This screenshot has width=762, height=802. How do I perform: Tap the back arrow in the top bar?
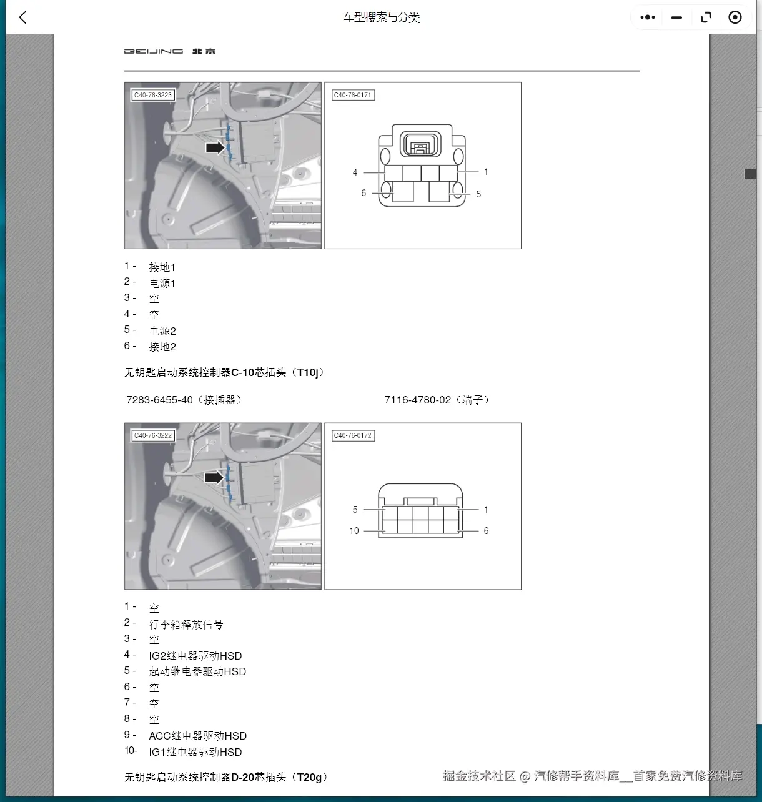[x=23, y=17]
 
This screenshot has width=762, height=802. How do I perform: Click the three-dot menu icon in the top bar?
[x=648, y=17]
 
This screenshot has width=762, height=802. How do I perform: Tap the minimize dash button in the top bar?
[x=676, y=17]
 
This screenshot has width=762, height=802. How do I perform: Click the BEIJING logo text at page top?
[x=154, y=51]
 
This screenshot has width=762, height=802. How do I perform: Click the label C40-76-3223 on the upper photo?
[x=153, y=95]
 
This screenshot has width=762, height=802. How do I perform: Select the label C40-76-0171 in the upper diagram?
[x=353, y=95]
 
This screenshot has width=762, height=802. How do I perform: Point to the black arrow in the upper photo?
[x=215, y=147]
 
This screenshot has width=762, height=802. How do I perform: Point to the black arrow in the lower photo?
[x=214, y=478]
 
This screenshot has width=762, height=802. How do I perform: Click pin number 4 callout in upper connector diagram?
[x=355, y=172]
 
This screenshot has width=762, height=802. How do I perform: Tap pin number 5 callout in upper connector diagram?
[x=478, y=194]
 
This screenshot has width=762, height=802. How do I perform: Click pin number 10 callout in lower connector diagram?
[x=354, y=531]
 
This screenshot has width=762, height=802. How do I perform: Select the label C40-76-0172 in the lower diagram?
[x=353, y=435]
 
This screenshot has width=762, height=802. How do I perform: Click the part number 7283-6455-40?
[x=160, y=400]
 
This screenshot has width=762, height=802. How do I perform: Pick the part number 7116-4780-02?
[x=417, y=400]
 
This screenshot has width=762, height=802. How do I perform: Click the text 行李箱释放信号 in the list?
[x=186, y=624]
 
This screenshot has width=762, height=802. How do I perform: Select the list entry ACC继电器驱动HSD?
[x=197, y=736]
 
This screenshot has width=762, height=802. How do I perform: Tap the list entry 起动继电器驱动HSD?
[x=197, y=671]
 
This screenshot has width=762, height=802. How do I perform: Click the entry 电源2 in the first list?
[x=162, y=330]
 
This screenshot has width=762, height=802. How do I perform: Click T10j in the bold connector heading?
[x=308, y=372]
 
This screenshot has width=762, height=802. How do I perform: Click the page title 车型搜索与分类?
[x=381, y=17]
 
